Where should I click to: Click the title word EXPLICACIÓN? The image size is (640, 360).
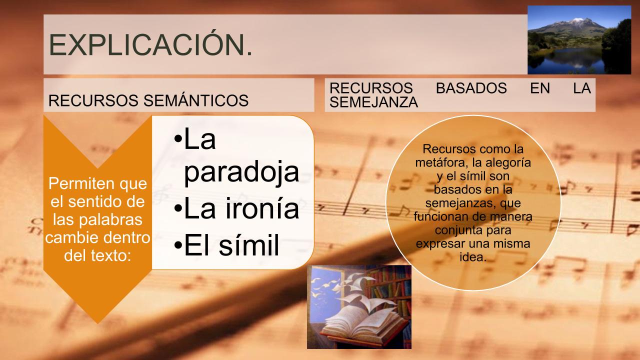[x=150, y=45]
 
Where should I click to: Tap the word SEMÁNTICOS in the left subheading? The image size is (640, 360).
[x=196, y=100]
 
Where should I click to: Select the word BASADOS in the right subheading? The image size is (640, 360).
[x=471, y=88]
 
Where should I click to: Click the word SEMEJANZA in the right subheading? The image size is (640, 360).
[x=373, y=102]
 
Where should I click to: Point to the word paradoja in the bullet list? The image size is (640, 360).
[x=241, y=171]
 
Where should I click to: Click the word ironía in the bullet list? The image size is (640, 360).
[x=262, y=208]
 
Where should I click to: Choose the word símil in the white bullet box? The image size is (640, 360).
[x=248, y=245]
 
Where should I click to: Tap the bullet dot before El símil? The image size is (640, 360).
[x=178, y=245]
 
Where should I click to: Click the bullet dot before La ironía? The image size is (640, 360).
[x=178, y=208]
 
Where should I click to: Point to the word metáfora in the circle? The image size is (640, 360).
[x=441, y=162]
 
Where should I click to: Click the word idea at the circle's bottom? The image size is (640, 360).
[x=473, y=257]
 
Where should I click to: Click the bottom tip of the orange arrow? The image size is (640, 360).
[x=97, y=323]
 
